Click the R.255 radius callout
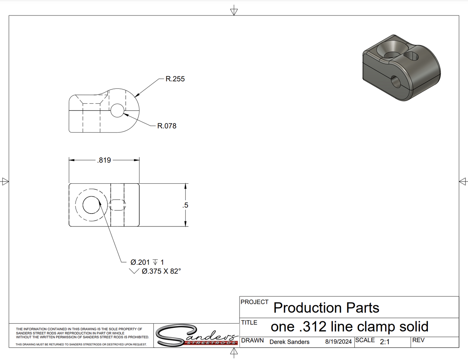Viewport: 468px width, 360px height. (x=175, y=79)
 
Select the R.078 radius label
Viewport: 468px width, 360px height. (x=167, y=126)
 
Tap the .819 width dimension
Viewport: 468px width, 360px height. (x=104, y=160)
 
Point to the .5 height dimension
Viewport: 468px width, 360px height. (x=185, y=205)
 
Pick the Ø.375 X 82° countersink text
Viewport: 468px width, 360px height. (x=161, y=271)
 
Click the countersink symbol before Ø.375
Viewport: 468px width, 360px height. (x=134, y=271)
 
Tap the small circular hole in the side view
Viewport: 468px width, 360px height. (x=117, y=110)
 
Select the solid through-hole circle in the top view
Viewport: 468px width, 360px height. (x=91, y=205)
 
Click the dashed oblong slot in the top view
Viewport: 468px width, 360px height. (x=117, y=205)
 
